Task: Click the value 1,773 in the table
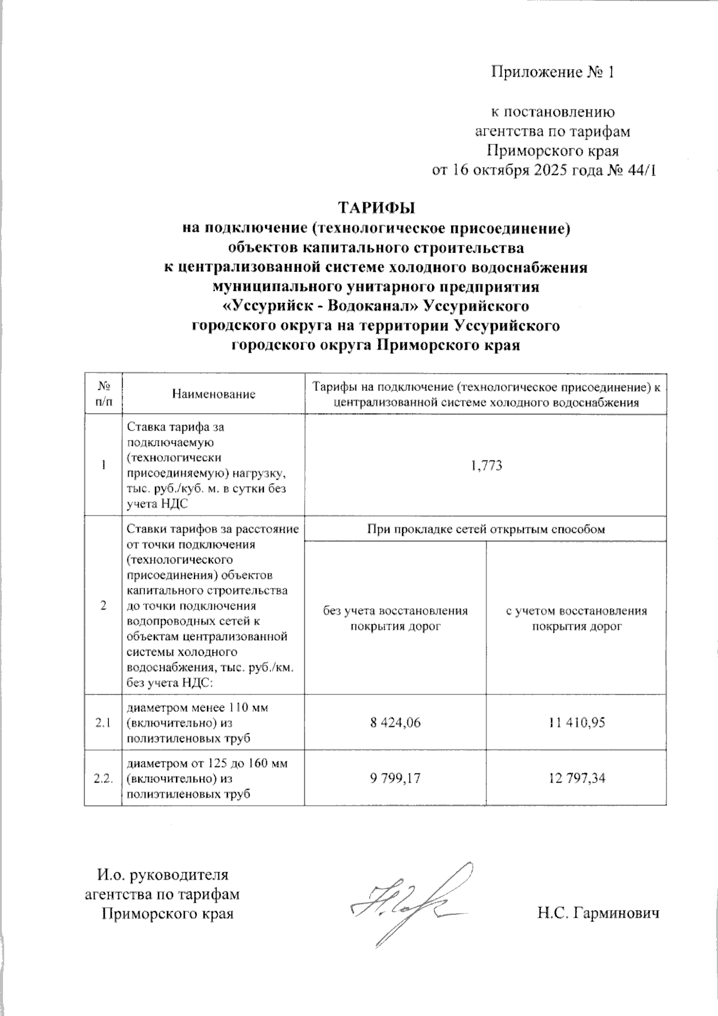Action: (485, 466)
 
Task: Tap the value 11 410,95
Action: (576, 723)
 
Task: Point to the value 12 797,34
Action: (576, 778)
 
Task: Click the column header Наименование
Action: (213, 395)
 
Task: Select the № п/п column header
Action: (103, 395)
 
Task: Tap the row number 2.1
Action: (102, 723)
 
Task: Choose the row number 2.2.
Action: (103, 778)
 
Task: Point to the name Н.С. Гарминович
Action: (598, 914)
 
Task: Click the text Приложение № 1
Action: (553, 72)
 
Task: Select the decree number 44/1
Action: (643, 170)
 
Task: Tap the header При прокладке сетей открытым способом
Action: (485, 529)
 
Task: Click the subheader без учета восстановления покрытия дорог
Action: (395, 619)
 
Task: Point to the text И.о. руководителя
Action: (163, 874)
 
